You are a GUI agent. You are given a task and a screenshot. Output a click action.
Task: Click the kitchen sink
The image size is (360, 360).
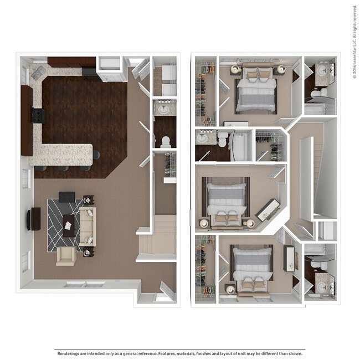click(x=38, y=71)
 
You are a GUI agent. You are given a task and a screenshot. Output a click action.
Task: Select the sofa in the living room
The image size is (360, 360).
click(x=87, y=226)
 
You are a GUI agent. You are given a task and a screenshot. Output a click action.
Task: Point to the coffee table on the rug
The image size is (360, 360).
click(x=69, y=225)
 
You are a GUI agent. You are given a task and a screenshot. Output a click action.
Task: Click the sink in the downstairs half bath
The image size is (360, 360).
click(x=164, y=109)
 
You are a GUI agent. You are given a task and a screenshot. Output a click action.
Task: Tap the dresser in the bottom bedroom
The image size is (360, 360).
click(x=289, y=259)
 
